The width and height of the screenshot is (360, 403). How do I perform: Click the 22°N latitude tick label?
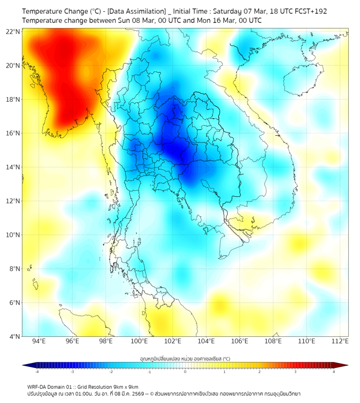(13, 31)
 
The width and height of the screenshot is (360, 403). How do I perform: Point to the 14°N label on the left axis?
(13, 167)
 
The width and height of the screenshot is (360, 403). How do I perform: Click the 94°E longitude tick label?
(38, 341)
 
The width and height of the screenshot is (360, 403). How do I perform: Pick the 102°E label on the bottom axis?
(173, 341)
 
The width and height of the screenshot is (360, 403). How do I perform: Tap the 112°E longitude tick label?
(340, 341)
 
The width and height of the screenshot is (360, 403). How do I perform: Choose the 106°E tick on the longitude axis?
(240, 341)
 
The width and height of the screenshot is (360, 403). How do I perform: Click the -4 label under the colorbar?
(37, 372)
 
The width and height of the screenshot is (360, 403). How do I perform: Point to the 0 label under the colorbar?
(185, 372)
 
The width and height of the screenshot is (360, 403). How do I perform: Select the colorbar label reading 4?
(333, 372)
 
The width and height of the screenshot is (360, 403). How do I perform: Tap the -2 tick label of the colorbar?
(111, 372)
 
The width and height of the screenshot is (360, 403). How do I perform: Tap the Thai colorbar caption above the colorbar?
(185, 359)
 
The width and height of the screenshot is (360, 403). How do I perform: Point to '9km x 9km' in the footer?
(124, 386)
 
